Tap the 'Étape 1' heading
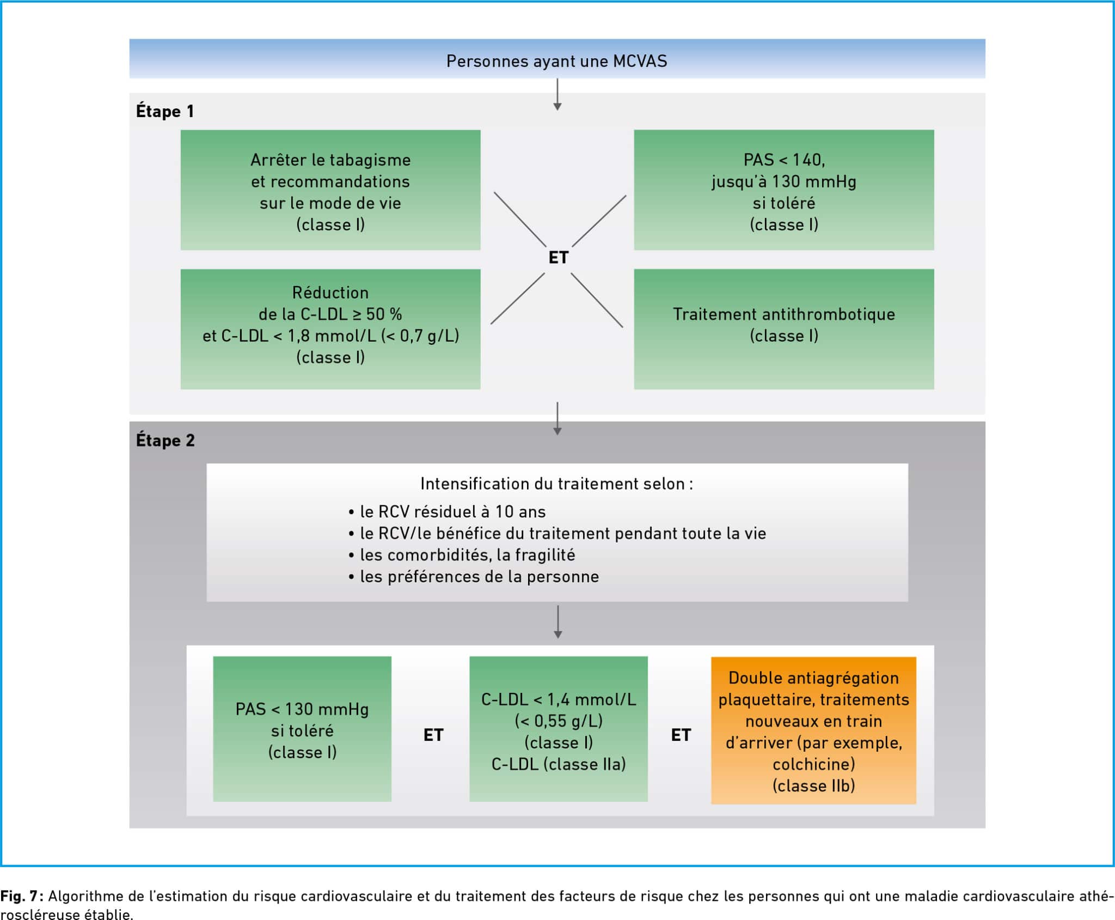click(x=165, y=111)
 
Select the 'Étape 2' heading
click(x=166, y=440)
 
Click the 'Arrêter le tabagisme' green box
click(x=330, y=190)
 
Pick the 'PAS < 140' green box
click(x=784, y=190)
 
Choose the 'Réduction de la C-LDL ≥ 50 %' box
click(x=330, y=329)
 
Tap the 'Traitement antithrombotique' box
click(x=784, y=329)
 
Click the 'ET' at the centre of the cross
click(x=559, y=258)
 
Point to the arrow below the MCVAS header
click(x=557, y=95)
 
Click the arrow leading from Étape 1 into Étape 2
click(x=557, y=418)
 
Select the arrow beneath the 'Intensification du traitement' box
click(x=557, y=622)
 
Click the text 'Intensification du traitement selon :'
click(x=557, y=484)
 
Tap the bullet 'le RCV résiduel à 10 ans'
click(x=447, y=511)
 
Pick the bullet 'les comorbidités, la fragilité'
click(x=462, y=555)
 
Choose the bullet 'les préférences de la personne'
click(x=474, y=576)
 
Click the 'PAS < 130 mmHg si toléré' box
click(x=302, y=729)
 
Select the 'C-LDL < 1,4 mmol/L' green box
click(x=559, y=729)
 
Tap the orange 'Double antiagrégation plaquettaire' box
click(x=813, y=730)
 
